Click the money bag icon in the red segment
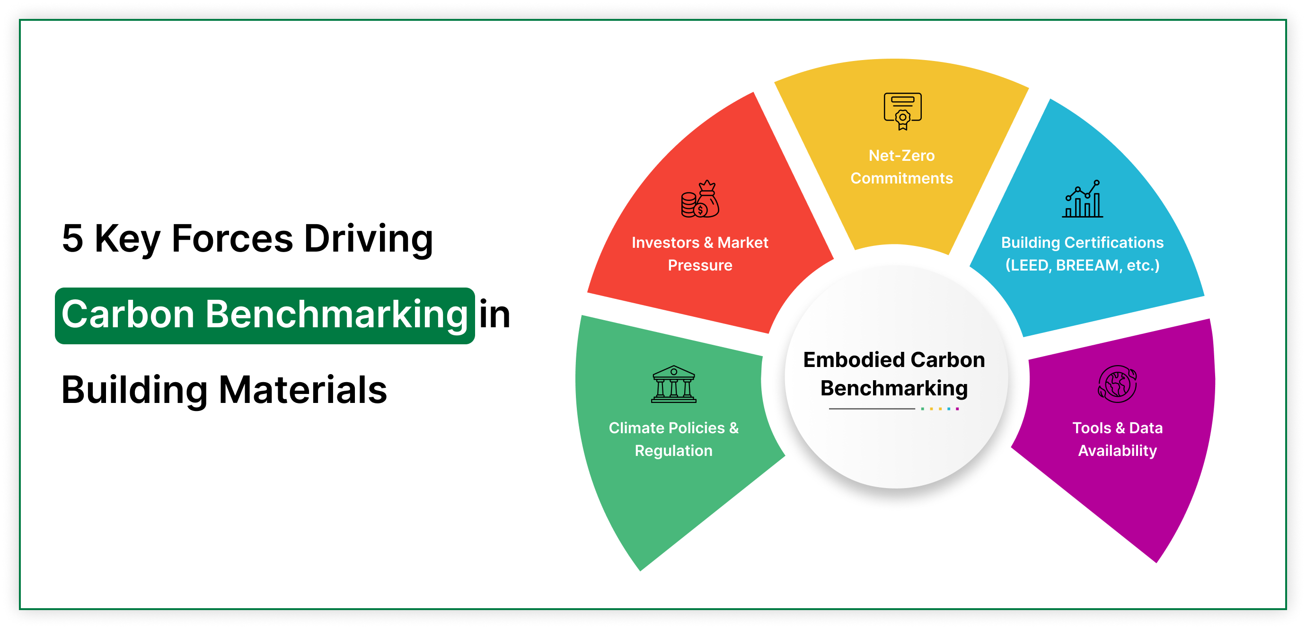point(700,199)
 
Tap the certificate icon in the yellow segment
point(902,111)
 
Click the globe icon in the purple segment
point(1117,384)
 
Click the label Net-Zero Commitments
point(901,167)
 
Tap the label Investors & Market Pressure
point(700,253)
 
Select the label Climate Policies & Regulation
point(673,439)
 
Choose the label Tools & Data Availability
point(1117,439)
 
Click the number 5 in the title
point(72,238)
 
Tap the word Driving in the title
point(368,238)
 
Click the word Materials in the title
point(303,390)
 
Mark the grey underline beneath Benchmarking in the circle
point(872,409)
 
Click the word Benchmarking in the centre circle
point(894,388)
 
